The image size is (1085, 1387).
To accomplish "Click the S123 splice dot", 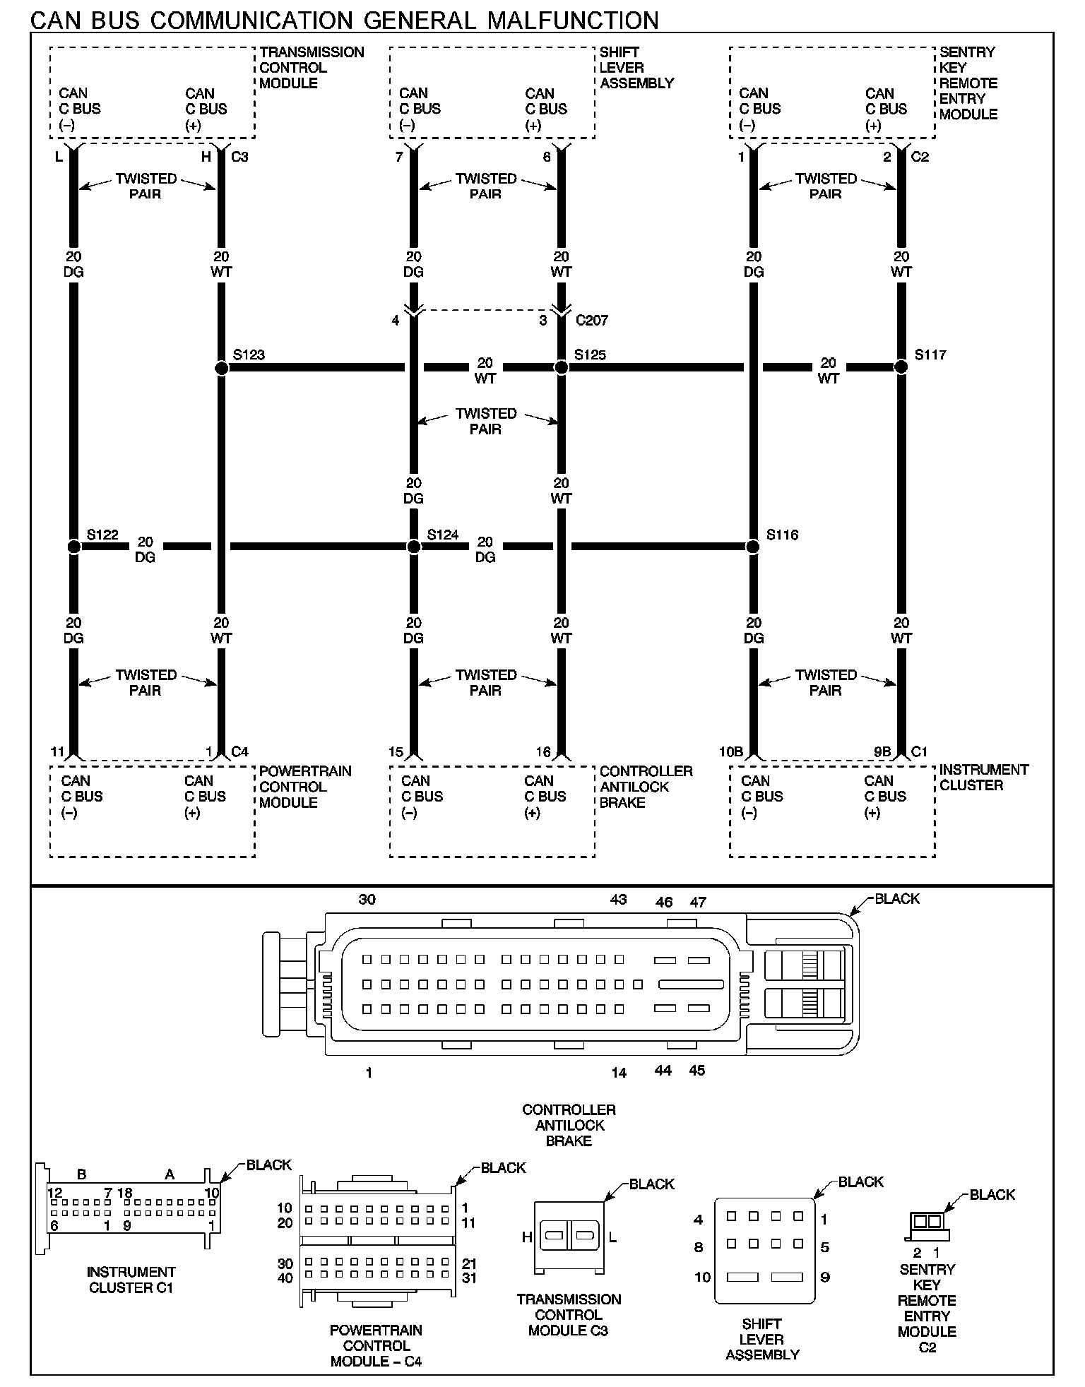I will (221, 368).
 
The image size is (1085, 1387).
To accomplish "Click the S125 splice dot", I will (561, 367).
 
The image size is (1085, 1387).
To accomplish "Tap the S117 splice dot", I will (901, 367).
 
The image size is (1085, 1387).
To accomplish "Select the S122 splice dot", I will (73, 547).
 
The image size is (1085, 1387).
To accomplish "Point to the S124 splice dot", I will (414, 547).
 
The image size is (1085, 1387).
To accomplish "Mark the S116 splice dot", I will (753, 547).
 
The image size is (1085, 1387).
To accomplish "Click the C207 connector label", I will (591, 321).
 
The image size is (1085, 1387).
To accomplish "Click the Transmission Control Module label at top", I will (312, 68).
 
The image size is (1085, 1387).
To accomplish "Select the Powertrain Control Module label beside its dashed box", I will (305, 787).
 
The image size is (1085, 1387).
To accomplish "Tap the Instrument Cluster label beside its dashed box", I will (983, 778).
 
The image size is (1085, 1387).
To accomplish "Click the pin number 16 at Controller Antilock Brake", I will (542, 752).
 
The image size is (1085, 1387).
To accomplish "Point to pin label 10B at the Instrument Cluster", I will (730, 752).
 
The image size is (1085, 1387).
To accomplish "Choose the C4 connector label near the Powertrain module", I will (240, 752).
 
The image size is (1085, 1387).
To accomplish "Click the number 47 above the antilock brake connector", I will (698, 902).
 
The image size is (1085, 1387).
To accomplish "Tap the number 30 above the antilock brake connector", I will (367, 900).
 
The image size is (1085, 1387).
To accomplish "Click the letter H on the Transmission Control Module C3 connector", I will (526, 1237).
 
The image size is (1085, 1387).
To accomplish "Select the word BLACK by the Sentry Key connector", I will (992, 1195).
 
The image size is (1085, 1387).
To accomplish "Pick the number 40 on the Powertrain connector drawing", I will (285, 1278).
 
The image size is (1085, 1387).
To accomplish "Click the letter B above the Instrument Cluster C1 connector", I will (82, 1174).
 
